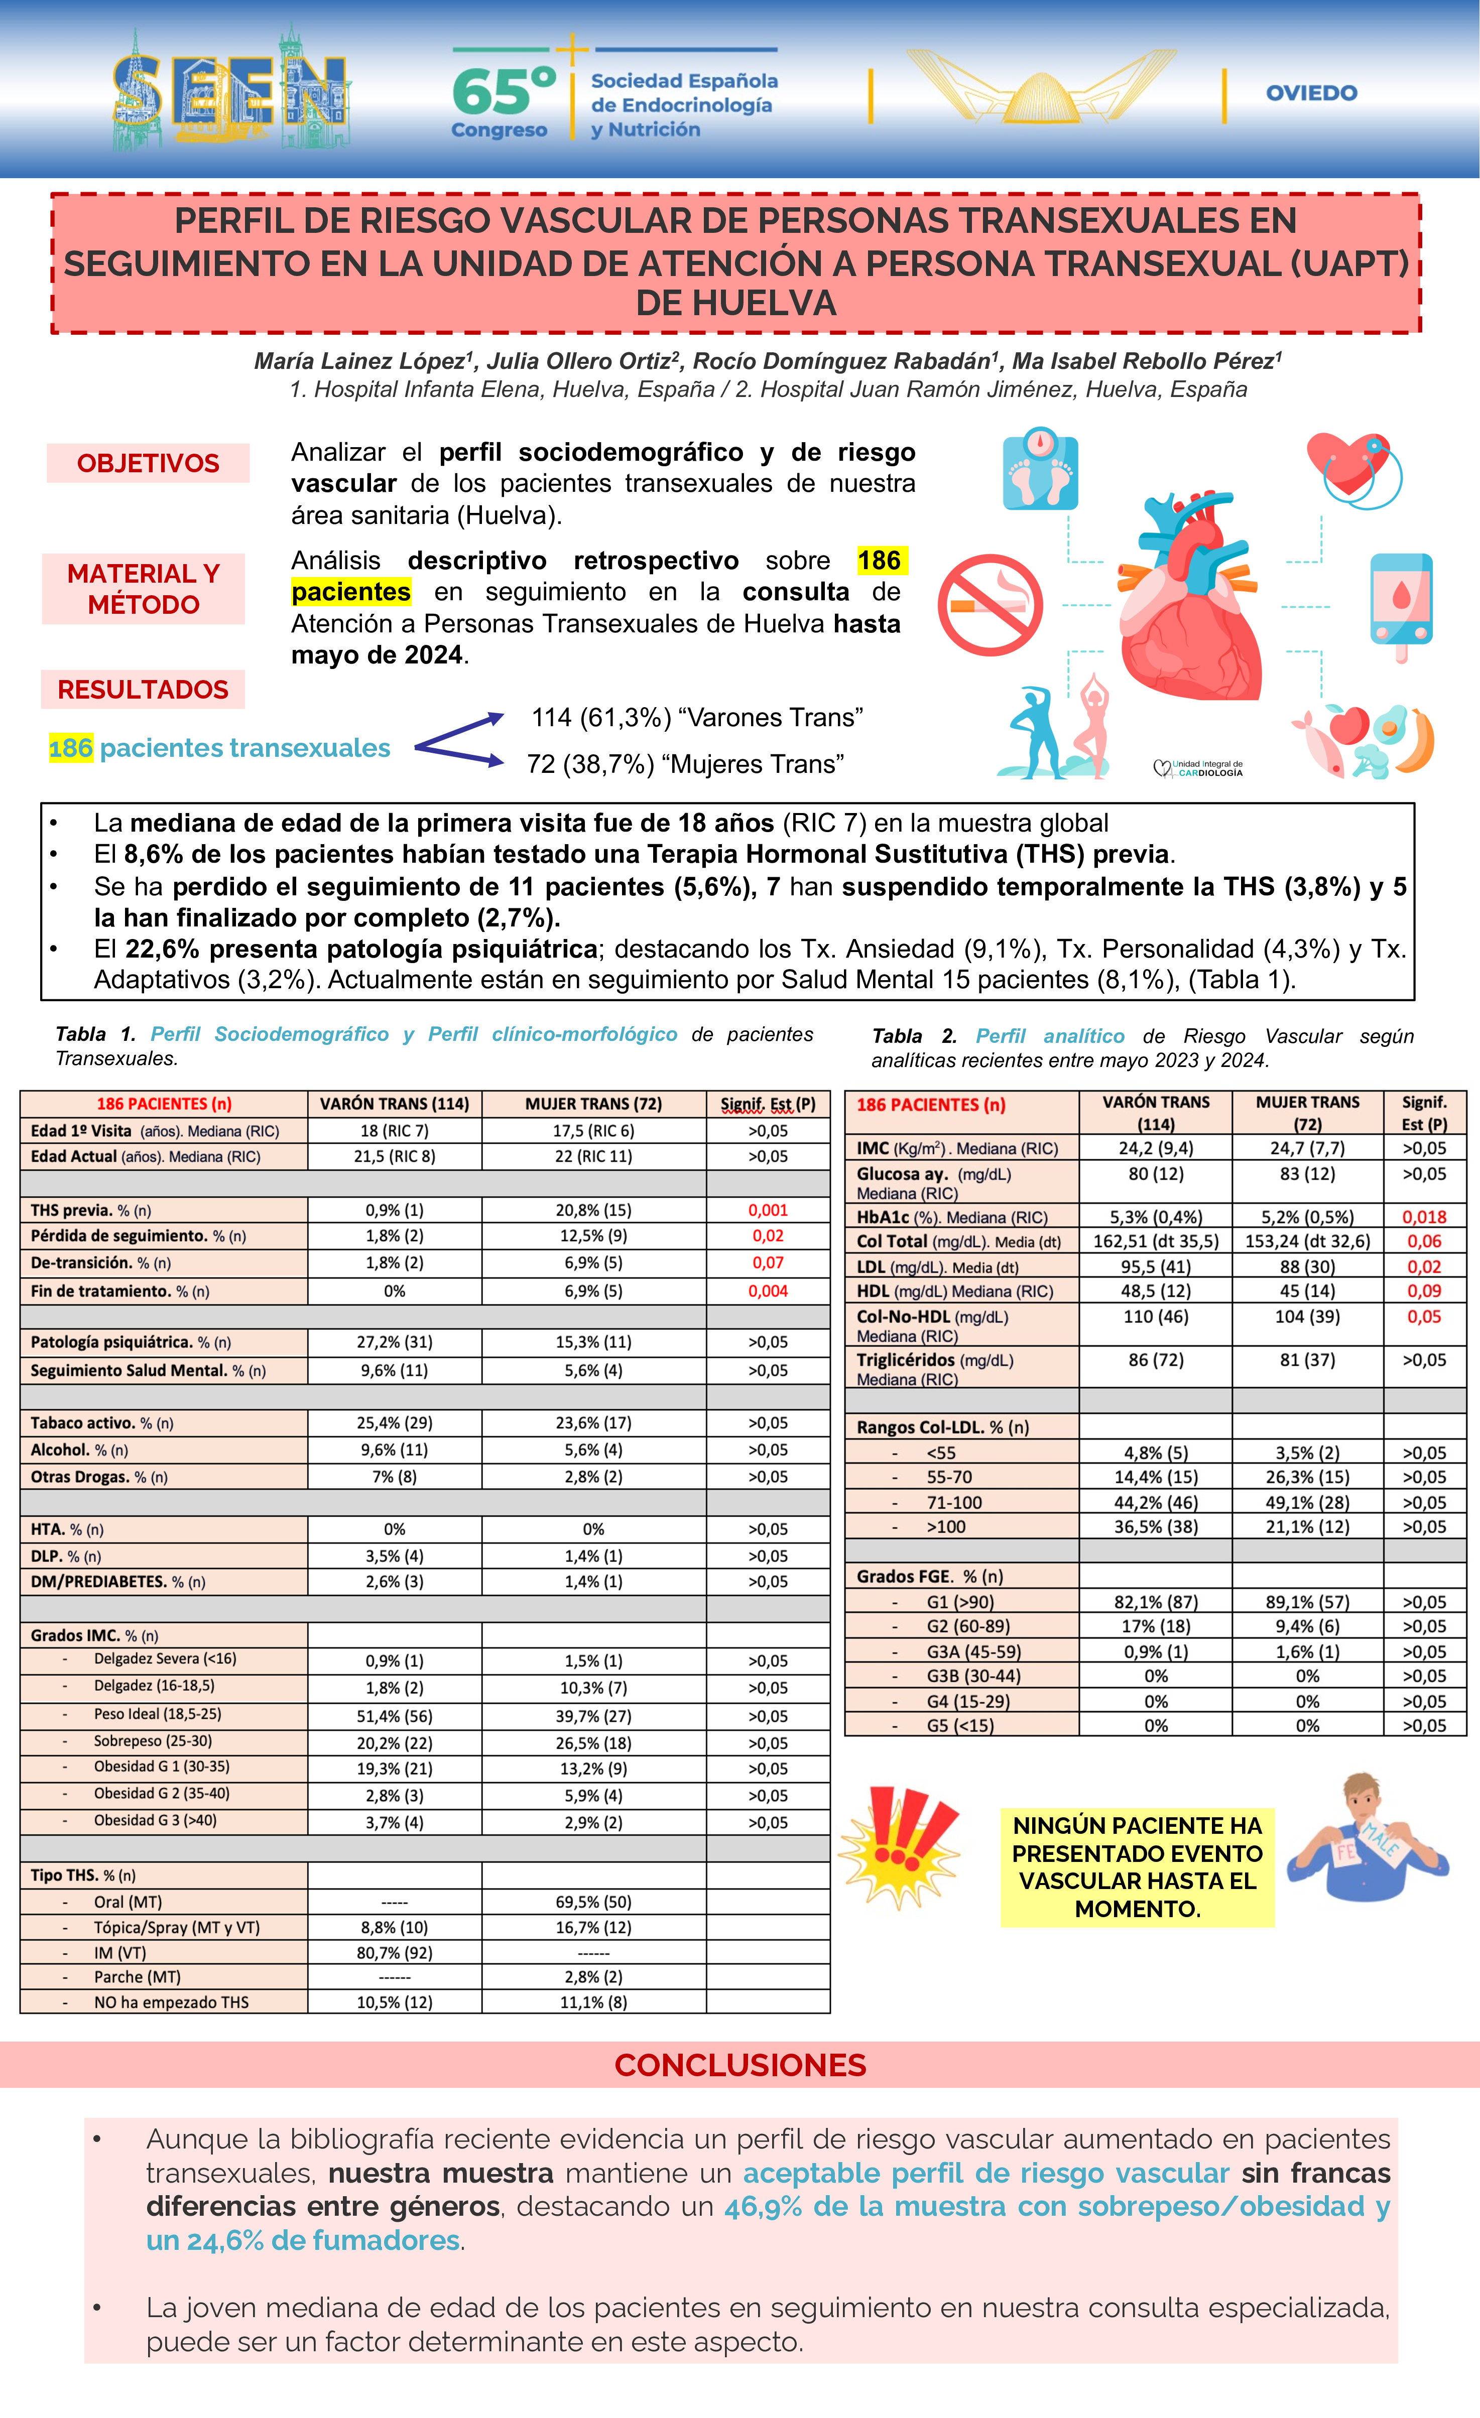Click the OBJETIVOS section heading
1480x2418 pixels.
pyautogui.click(x=148, y=463)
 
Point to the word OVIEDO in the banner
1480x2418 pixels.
pyautogui.click(x=1311, y=93)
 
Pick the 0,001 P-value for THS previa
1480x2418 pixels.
pyautogui.click(x=768, y=1210)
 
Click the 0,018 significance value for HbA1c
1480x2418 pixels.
pyautogui.click(x=1424, y=1217)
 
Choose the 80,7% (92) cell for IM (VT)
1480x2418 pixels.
pyautogui.click(x=395, y=1953)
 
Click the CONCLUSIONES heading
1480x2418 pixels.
pyautogui.click(x=740, y=2066)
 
